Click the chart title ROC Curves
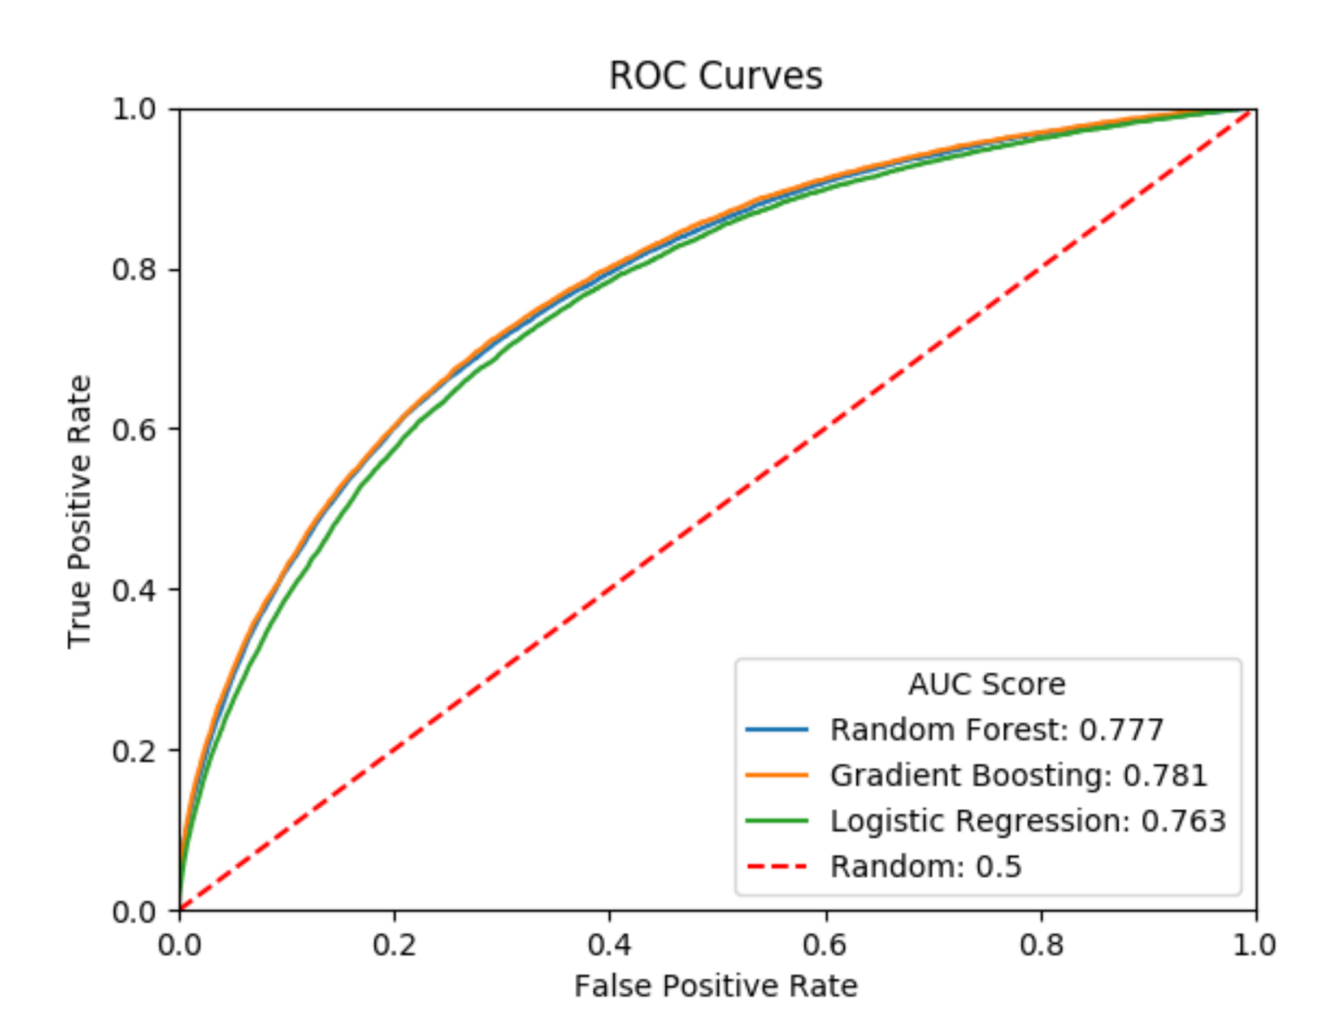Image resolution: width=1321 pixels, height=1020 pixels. [716, 76]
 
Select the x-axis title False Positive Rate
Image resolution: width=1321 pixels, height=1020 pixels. [716, 986]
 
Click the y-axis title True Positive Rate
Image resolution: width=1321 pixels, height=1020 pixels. [80, 512]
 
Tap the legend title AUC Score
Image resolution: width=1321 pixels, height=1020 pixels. [987, 684]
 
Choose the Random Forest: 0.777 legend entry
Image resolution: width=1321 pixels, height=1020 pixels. [996, 729]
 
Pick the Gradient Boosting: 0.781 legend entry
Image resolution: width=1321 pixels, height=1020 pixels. [1018, 775]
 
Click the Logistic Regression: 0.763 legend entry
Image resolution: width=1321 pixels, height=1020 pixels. [1028, 821]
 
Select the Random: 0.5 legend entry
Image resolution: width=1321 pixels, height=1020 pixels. [925, 866]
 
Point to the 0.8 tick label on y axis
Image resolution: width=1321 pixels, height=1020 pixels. [134, 270]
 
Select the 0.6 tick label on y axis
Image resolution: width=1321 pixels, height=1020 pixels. [134, 430]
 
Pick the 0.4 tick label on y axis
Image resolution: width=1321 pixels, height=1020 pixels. [134, 590]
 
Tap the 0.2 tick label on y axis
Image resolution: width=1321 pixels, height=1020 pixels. [134, 750]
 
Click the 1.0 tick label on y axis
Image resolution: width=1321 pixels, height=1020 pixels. [134, 110]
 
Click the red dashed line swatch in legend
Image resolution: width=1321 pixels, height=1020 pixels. [777, 866]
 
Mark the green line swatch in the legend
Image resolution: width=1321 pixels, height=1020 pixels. [777, 821]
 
